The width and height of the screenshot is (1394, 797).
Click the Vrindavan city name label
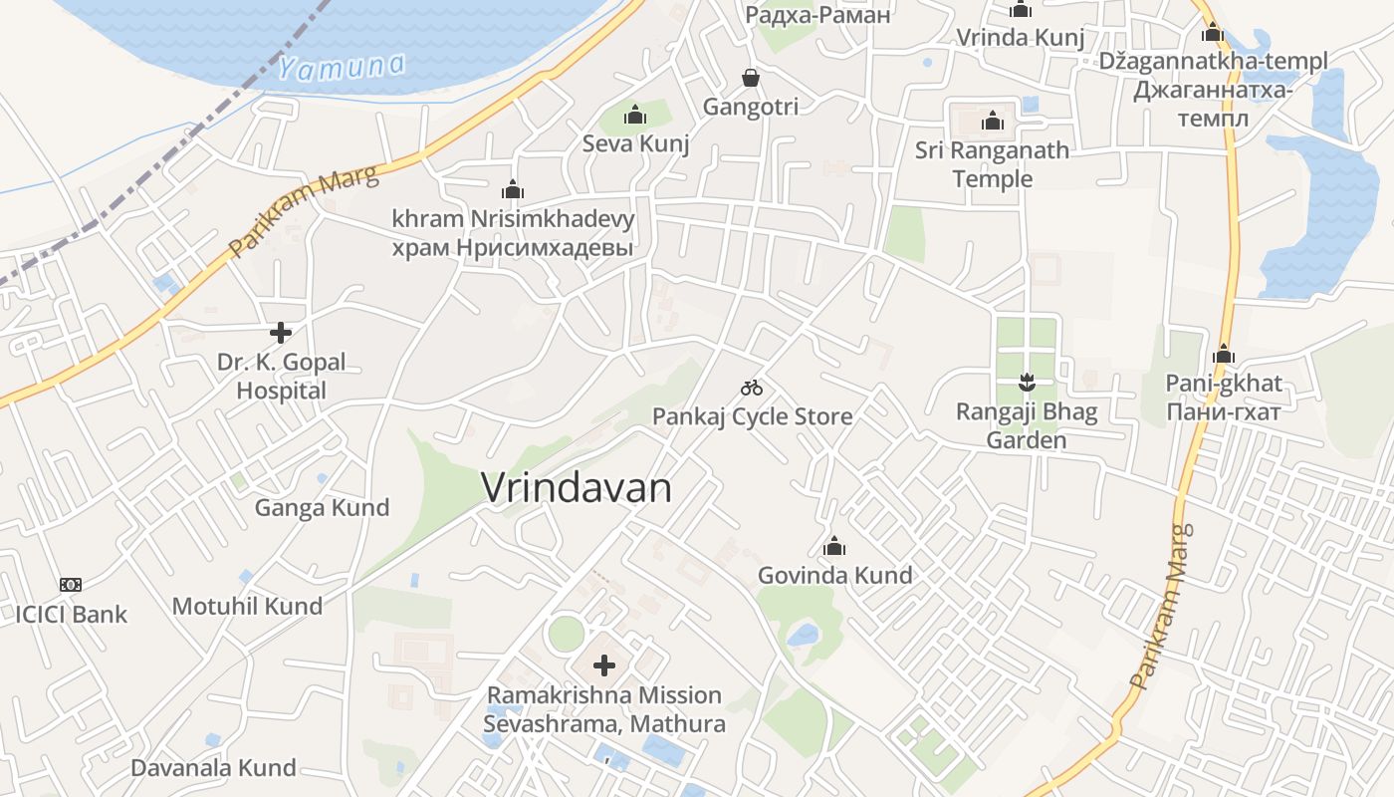pos(577,488)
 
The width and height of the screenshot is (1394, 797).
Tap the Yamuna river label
pos(342,68)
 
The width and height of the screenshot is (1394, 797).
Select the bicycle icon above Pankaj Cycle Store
pos(752,388)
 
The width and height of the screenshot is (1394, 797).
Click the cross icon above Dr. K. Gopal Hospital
pos(281,332)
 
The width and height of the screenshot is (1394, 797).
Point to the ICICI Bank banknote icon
pos(70,584)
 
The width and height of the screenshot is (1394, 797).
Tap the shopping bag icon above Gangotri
pos(751,78)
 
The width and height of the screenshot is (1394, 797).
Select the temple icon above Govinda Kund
pos(834,546)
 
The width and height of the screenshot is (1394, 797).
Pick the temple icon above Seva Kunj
pos(635,116)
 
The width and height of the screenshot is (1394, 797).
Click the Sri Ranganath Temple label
pos(992,164)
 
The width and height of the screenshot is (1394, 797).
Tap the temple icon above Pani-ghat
pos(1224,354)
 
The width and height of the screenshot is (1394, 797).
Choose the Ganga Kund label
pos(322,507)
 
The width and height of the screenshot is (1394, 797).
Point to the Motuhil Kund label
pos(247,606)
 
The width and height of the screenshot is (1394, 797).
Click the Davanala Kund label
pos(213,768)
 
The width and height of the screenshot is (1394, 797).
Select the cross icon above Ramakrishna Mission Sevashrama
pos(604,665)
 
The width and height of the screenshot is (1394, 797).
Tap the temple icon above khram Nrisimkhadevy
pos(513,188)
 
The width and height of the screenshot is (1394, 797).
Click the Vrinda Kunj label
pos(1020,38)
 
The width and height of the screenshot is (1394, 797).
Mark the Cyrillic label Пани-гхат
pos(1223,410)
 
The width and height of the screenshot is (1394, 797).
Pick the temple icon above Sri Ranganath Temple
pos(992,122)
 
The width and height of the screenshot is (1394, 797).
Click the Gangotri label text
pos(751,107)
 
